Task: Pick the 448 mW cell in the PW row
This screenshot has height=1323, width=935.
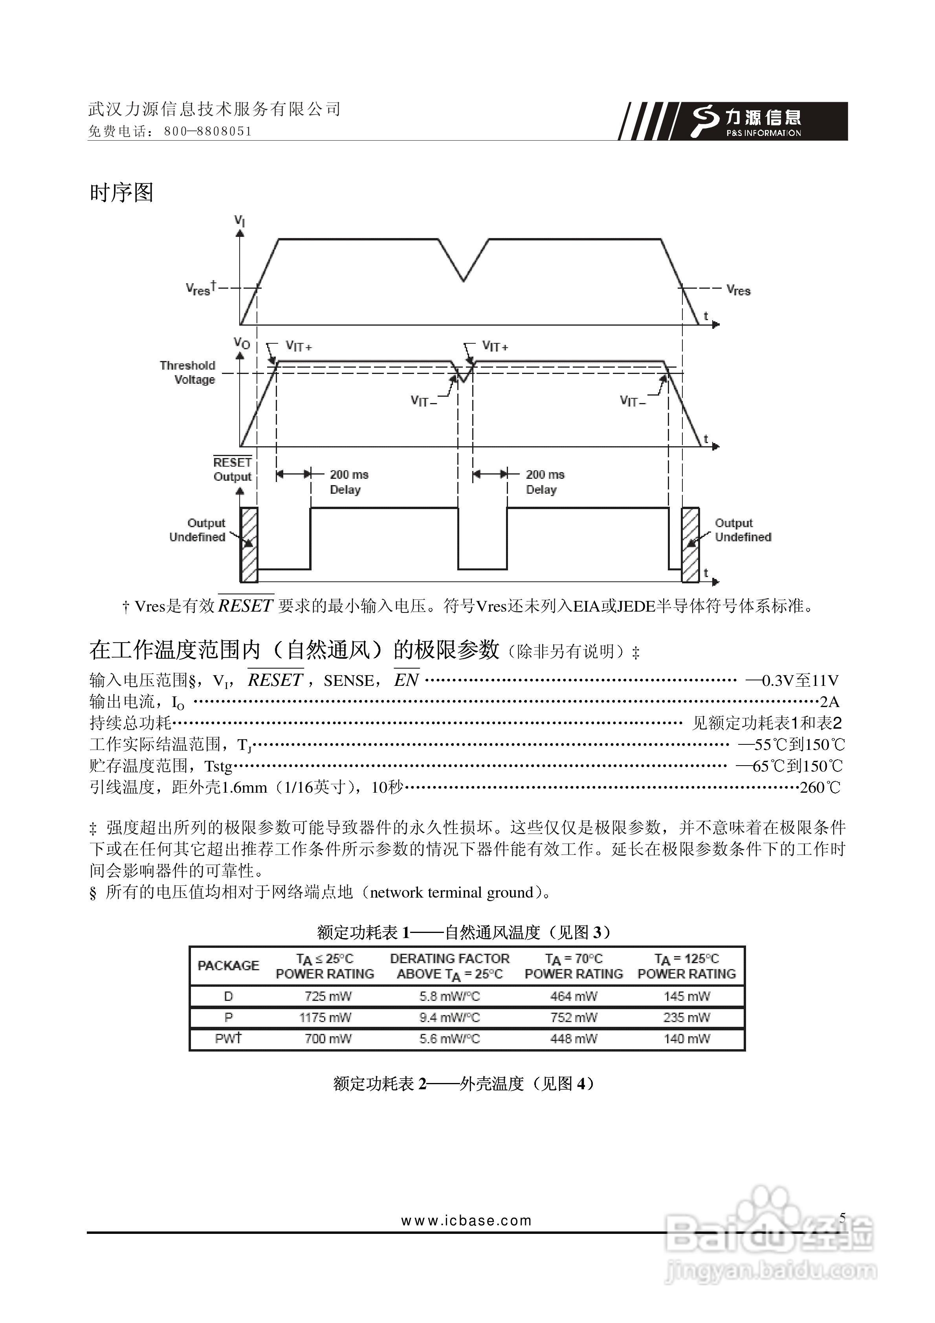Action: point(574,1039)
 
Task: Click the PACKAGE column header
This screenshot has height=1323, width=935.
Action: point(228,966)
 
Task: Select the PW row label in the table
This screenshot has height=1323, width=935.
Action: point(228,1038)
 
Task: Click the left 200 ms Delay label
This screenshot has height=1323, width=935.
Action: point(348,482)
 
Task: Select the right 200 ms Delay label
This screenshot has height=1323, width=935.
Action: point(544,482)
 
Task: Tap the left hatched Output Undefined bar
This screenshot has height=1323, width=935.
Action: point(249,544)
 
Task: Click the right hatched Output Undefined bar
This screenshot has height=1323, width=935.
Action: point(690,544)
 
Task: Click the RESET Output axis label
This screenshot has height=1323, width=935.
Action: point(232,469)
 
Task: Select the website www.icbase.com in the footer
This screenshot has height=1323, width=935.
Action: point(466,1220)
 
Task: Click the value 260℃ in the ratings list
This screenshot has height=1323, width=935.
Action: point(820,788)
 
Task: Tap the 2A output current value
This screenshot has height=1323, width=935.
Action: point(829,702)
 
